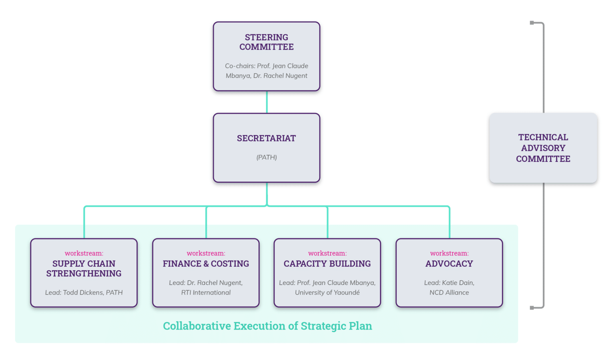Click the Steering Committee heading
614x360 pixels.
(x=266, y=42)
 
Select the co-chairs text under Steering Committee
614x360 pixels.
(x=266, y=71)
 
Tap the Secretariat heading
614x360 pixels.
(x=266, y=138)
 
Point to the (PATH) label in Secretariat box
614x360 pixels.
(x=266, y=157)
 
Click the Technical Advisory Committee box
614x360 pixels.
(x=543, y=148)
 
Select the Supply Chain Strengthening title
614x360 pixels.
(x=84, y=268)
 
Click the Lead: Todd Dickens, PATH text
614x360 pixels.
(x=84, y=292)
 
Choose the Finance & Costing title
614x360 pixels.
(x=206, y=264)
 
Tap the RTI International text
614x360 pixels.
(x=206, y=292)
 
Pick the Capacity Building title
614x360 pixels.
(x=327, y=264)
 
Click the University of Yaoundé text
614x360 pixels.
(x=327, y=292)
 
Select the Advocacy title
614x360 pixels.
(x=449, y=264)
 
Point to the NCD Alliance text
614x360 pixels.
(x=449, y=292)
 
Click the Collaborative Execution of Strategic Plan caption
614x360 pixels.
(x=267, y=326)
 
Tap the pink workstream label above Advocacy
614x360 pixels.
(x=449, y=253)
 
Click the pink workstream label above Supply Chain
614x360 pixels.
(x=84, y=253)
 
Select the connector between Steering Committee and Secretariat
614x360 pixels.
(x=267, y=102)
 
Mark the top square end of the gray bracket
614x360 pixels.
(x=532, y=23)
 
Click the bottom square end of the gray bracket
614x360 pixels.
(x=532, y=308)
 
